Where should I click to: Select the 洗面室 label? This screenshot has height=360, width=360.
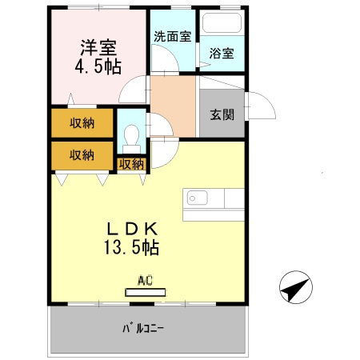(x=171, y=37)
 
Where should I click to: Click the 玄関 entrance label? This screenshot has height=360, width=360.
(x=222, y=114)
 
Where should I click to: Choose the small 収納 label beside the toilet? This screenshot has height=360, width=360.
(x=132, y=164)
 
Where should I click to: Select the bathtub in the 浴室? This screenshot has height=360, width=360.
(x=222, y=24)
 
